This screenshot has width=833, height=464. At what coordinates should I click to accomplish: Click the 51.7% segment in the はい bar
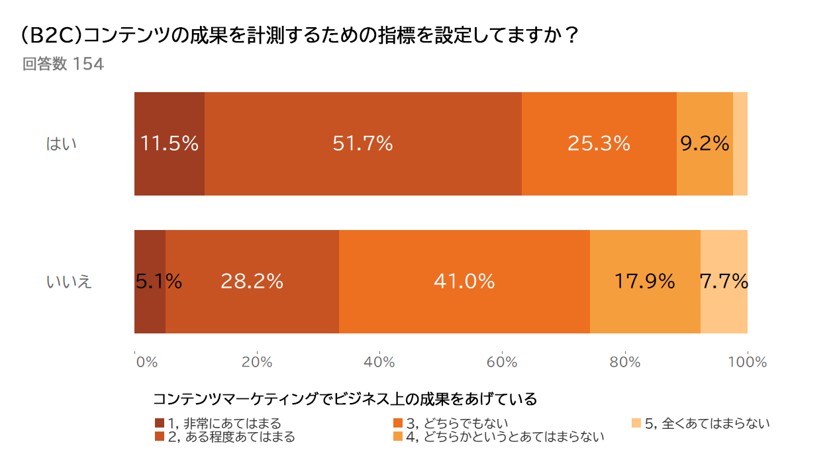click(x=363, y=144)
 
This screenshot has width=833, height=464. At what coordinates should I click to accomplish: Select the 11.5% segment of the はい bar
click(x=170, y=144)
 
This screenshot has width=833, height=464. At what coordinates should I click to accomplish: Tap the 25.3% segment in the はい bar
click(x=599, y=144)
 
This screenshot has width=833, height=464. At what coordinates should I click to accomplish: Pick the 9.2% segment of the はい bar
click(x=705, y=144)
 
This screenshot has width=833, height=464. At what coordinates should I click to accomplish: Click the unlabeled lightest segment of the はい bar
click(x=740, y=144)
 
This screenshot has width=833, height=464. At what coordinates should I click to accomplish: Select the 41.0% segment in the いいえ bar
click(x=464, y=282)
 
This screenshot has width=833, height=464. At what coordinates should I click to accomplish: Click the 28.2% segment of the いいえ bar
click(x=252, y=282)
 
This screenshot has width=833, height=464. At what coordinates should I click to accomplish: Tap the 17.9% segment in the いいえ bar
click(x=645, y=282)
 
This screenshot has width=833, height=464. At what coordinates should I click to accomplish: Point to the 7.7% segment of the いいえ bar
click(x=724, y=282)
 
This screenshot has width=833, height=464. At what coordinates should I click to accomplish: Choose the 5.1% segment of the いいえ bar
click(x=150, y=282)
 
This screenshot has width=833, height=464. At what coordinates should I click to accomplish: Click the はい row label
click(x=62, y=144)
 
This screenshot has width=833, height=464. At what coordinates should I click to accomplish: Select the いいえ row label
click(x=69, y=282)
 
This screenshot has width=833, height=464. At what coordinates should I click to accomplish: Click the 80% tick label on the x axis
click(x=625, y=362)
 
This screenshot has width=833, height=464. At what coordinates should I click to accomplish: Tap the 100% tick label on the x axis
click(x=748, y=362)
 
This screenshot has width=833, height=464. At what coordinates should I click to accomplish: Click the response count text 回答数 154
click(x=63, y=65)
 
